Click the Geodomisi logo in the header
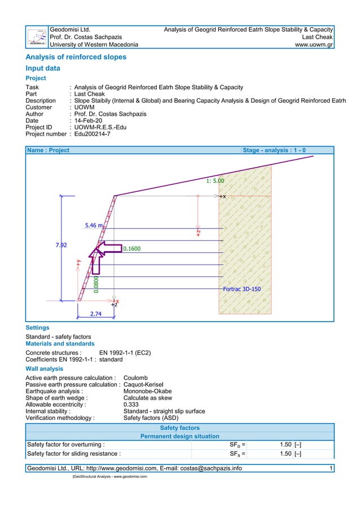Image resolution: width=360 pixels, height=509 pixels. click(38, 37)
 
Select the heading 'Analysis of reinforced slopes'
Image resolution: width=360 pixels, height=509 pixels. click(76, 57)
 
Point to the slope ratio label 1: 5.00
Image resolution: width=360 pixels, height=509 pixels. click(215, 181)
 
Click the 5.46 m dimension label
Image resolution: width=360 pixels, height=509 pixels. click(94, 226)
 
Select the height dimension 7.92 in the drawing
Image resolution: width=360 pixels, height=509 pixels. click(62, 245)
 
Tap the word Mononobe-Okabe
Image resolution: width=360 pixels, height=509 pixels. click(147, 390)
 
